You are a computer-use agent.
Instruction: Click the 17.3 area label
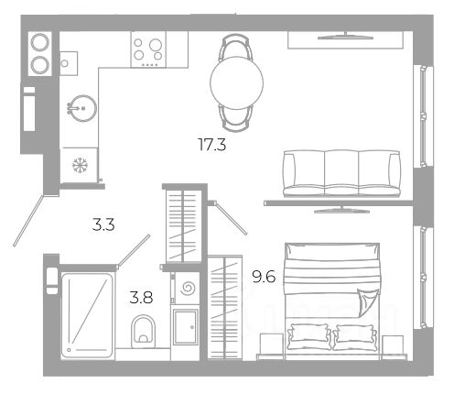(x=212, y=145)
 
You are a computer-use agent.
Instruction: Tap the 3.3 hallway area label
(x=103, y=224)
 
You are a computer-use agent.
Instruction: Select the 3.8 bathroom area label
(x=141, y=297)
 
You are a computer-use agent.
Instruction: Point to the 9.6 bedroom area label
(x=264, y=277)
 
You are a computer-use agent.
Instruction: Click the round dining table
(x=236, y=82)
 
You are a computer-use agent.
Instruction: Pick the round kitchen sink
(x=81, y=108)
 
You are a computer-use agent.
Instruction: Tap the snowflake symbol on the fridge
(x=80, y=165)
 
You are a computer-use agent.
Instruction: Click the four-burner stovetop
(x=148, y=49)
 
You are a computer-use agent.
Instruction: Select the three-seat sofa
(x=341, y=173)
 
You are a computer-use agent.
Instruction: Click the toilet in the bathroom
(x=143, y=332)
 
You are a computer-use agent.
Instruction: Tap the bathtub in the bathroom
(x=87, y=315)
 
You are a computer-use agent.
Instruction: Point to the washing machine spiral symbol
(x=187, y=288)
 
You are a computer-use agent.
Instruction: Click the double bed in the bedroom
(x=332, y=301)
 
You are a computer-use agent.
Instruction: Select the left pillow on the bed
(x=308, y=336)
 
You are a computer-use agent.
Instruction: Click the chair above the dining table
(x=237, y=48)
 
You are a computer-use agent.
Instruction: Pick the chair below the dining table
(x=237, y=118)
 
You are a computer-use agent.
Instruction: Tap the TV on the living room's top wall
(x=346, y=36)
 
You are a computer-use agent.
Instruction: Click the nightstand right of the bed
(x=393, y=345)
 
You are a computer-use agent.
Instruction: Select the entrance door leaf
(x=28, y=221)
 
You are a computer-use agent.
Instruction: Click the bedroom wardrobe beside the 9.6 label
(x=225, y=307)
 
